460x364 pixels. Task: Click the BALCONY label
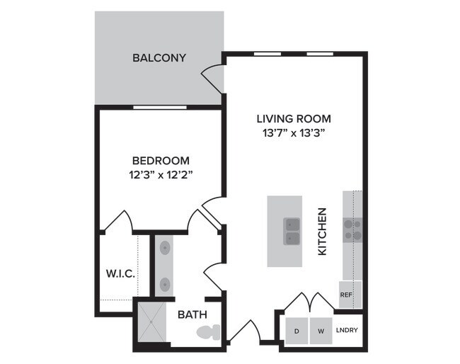[x=159, y=58]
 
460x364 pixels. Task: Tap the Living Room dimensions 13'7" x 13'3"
[x=294, y=133]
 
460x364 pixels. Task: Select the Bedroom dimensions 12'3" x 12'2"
[x=161, y=175]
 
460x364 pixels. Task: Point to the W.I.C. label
[x=120, y=273]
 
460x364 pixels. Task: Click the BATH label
[x=192, y=314]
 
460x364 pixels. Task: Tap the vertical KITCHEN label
[x=322, y=232]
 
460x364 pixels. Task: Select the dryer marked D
[x=297, y=331]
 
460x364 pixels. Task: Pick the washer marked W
[x=321, y=331]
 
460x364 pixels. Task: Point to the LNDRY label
[x=347, y=330]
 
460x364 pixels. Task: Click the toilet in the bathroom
[x=208, y=332]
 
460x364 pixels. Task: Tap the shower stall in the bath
[x=151, y=322]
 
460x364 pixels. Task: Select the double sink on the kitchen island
[x=292, y=232]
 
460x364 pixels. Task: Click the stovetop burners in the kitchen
[x=352, y=230]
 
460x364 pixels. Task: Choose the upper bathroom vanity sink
[x=165, y=248]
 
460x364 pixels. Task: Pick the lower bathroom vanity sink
[x=165, y=284]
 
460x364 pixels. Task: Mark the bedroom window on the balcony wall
[x=160, y=107]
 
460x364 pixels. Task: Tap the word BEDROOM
[x=161, y=161]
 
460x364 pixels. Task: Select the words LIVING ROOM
[x=294, y=119]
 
